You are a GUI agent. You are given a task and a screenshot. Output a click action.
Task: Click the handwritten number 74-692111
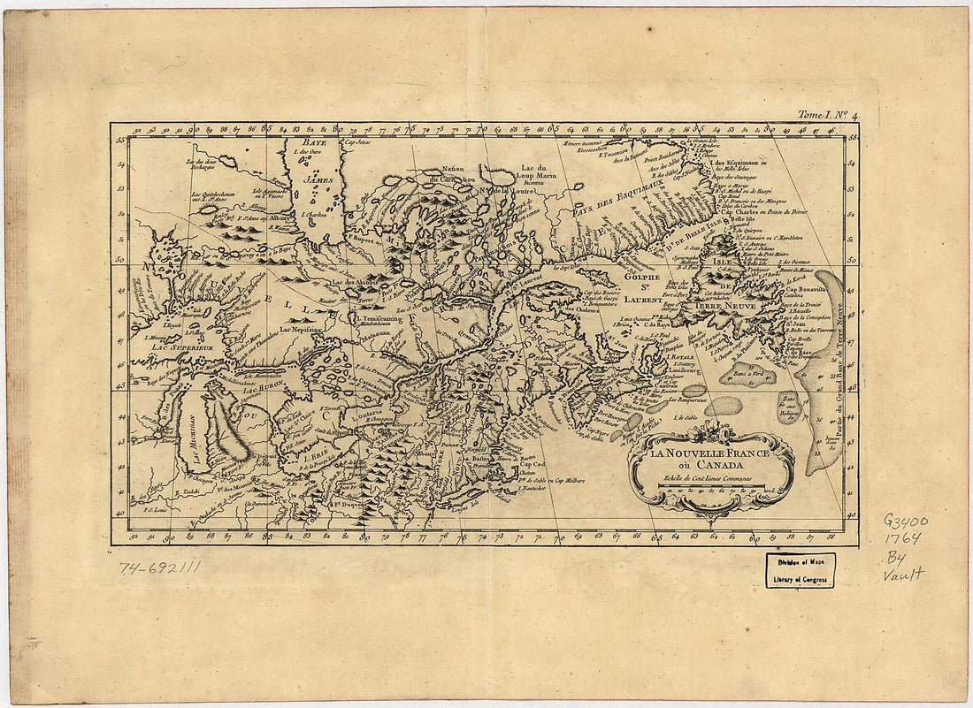[159, 567]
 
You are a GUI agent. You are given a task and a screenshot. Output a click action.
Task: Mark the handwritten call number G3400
[904, 521]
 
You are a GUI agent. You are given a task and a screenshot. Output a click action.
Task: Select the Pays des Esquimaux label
[611, 211]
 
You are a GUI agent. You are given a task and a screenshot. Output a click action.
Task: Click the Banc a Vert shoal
[747, 374]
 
